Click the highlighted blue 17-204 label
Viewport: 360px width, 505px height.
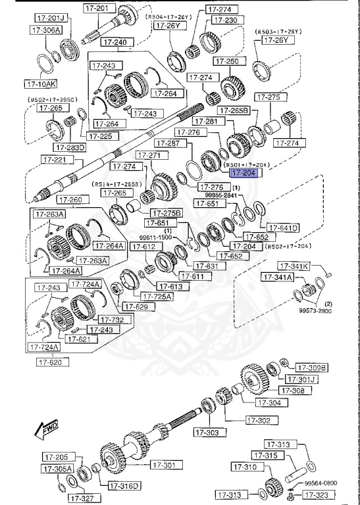(x=244, y=174)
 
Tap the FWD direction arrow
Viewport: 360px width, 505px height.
(x=47, y=431)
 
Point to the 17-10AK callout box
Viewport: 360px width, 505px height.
(x=41, y=84)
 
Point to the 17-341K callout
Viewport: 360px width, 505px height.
(x=294, y=266)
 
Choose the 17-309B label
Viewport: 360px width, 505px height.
(x=311, y=368)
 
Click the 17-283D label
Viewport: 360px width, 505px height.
(x=70, y=147)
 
